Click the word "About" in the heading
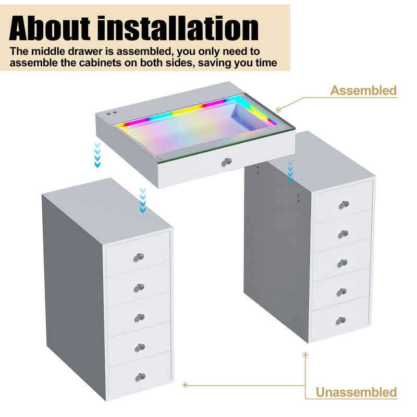click(50, 28)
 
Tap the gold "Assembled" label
click(363, 91)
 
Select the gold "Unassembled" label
click(356, 393)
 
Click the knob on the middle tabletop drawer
click(227, 162)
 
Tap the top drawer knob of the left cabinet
click(139, 257)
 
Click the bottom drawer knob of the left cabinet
click(140, 377)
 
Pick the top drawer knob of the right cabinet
click(344, 205)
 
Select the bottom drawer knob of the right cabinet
click(341, 321)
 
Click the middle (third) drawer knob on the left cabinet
click(140, 317)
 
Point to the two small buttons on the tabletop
click(112, 113)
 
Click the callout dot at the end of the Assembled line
click(278, 110)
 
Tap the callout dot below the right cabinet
click(305, 355)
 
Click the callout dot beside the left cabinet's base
click(186, 385)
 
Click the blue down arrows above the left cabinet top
click(143, 200)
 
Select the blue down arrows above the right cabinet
click(290, 171)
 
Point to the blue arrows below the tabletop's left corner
click(97, 155)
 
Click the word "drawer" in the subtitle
click(87, 51)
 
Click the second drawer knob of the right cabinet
click(343, 234)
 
